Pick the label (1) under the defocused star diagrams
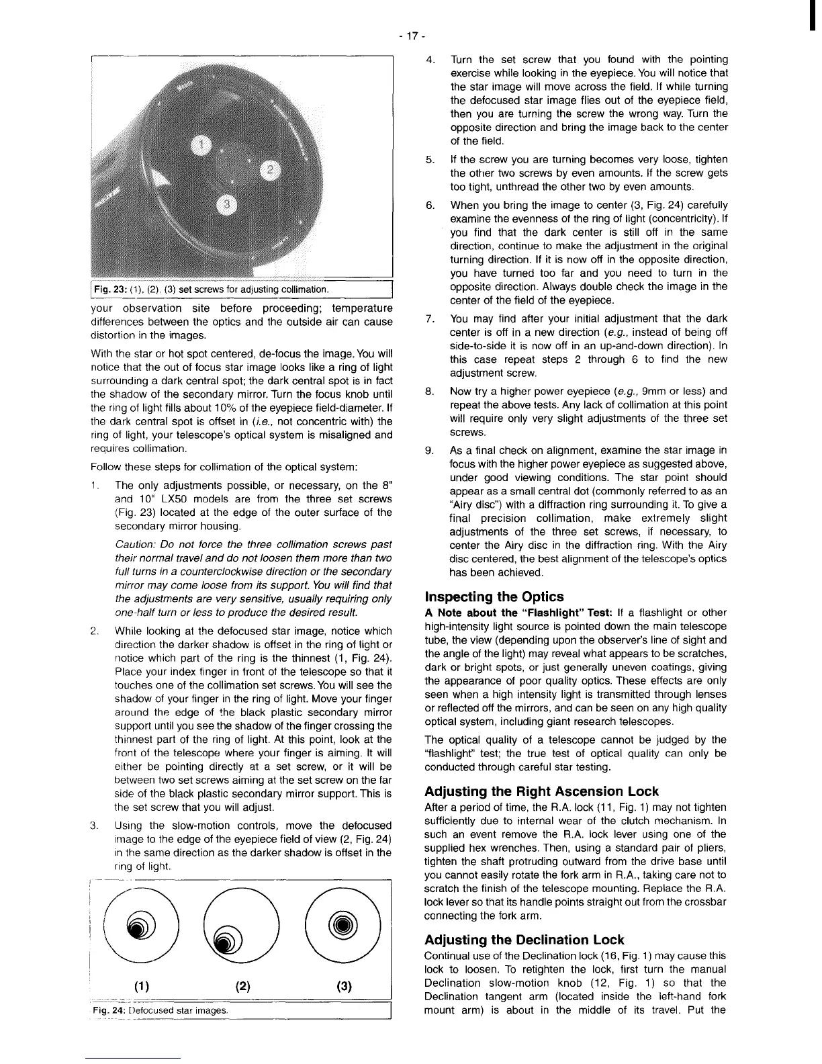pyautogui.click(x=142, y=987)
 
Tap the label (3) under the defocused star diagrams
pyautogui.click(x=345, y=987)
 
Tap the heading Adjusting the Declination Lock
pyautogui.click(x=524, y=940)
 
